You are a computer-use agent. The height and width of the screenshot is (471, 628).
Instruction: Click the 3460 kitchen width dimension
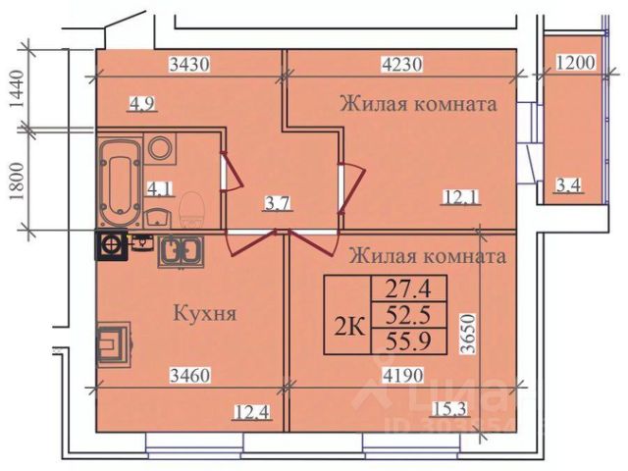point(189,374)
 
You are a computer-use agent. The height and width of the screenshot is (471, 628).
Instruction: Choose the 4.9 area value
point(141,99)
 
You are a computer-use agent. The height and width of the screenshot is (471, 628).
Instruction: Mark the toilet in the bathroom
point(190,210)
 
